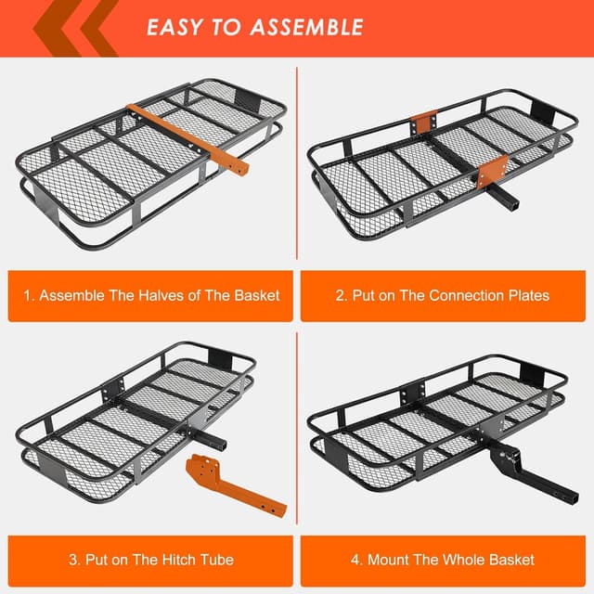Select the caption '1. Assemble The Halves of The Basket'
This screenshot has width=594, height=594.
(151, 295)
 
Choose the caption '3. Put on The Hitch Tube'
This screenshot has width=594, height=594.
(151, 560)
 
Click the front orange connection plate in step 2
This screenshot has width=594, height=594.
(492, 172)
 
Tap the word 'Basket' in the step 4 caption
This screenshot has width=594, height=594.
(510, 560)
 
